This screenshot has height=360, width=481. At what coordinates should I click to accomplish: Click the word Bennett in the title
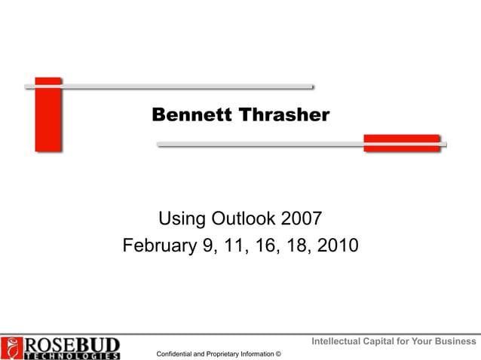(x=192, y=115)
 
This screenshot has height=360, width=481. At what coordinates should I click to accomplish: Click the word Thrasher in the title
(x=284, y=115)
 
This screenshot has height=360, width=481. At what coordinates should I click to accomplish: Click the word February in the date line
(x=158, y=246)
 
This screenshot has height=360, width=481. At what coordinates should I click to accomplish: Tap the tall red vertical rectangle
(x=48, y=114)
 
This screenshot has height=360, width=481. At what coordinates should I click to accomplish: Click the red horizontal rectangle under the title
(x=401, y=143)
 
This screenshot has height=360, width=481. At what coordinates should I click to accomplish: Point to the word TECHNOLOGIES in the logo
(x=72, y=355)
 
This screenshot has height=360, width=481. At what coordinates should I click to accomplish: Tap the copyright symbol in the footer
(x=278, y=353)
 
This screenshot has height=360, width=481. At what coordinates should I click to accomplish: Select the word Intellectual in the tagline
(x=335, y=342)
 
